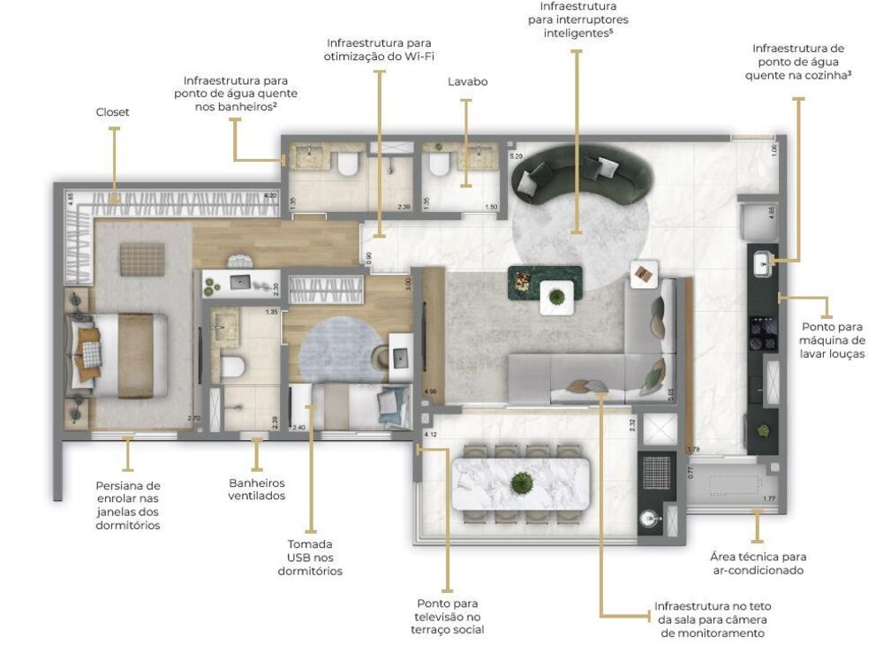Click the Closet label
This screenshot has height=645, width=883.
point(112,112)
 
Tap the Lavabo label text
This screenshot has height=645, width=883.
point(467,82)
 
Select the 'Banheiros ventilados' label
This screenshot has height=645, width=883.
point(257,489)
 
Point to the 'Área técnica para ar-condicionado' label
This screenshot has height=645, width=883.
point(758,563)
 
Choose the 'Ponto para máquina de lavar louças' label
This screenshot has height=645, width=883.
point(831,340)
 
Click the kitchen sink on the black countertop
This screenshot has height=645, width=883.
point(763,262)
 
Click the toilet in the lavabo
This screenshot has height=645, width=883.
point(436,164)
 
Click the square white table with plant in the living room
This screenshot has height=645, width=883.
point(557,296)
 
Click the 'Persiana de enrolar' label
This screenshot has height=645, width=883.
point(128,505)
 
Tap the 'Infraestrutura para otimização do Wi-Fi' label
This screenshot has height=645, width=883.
point(381,49)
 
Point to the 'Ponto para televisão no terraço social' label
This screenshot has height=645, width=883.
point(448,616)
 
